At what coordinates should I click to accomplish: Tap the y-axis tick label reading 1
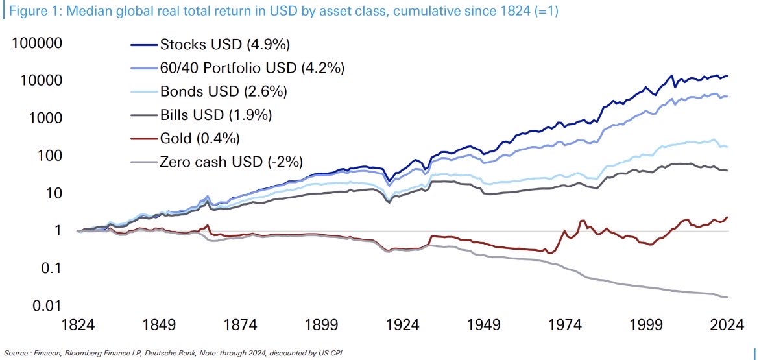[57, 231]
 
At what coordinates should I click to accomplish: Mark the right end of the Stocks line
[727, 76]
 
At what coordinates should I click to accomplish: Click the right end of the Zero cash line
[727, 297]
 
